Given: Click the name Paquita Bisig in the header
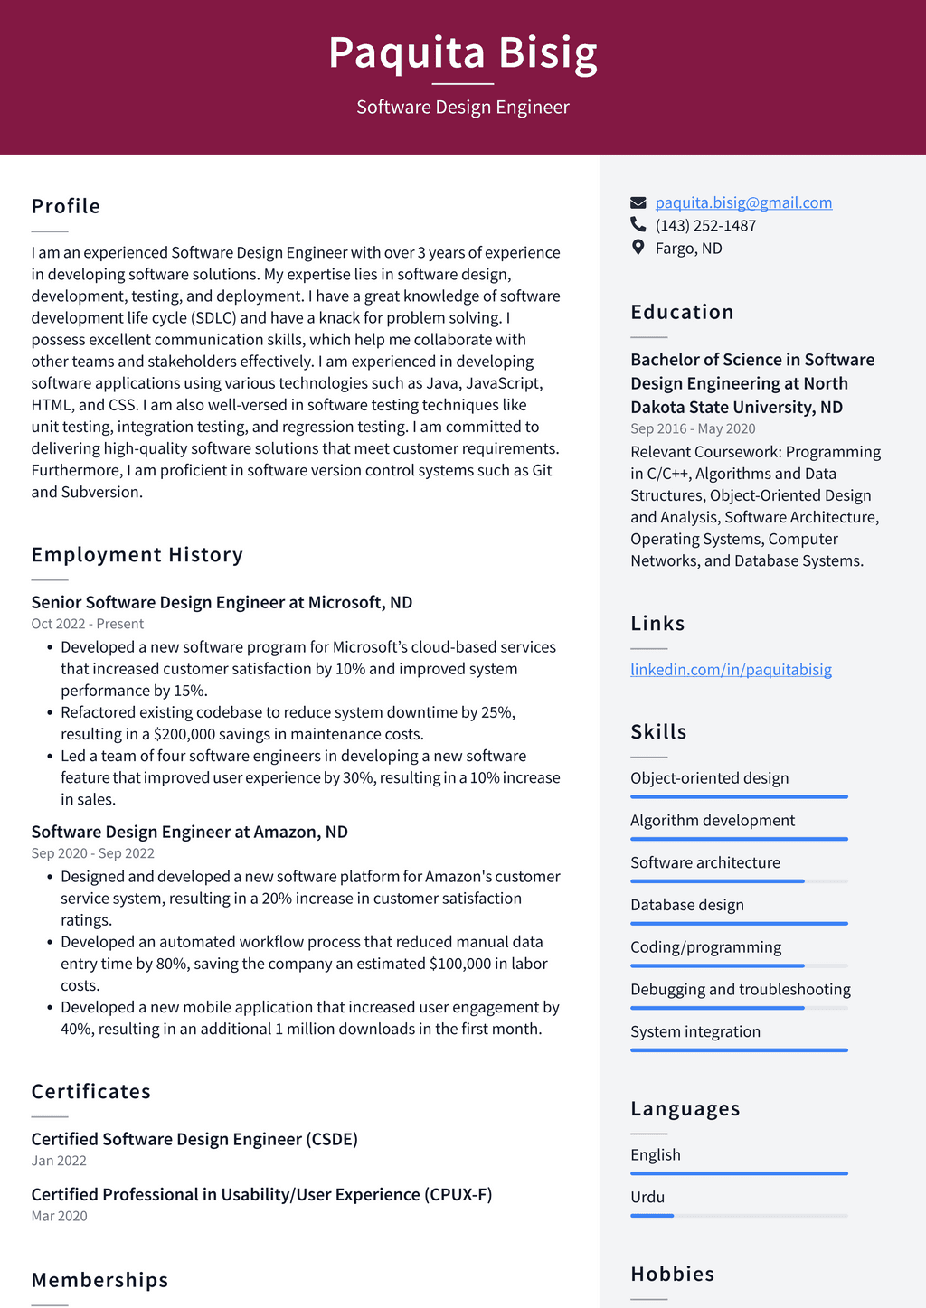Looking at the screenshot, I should point(462,52).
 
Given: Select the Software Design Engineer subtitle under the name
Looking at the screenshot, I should point(462,107).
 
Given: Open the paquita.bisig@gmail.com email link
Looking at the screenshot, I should point(743,202).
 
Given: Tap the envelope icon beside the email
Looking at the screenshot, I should point(638,202).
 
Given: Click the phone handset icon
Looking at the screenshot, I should point(638,225).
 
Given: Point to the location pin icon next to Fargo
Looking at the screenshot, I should point(638,248).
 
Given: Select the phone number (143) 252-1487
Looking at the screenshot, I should point(705,225).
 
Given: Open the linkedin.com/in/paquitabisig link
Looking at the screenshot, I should point(731,670).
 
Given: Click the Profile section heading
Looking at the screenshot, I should point(66,206).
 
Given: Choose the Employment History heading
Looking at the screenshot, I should point(137,555).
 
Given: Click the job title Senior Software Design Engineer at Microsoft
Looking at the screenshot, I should point(222,602).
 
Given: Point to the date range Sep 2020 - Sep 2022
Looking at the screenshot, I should point(92,853).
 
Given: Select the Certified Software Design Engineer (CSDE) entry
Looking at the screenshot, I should point(194,1139).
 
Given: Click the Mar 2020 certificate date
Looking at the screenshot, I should point(59,1216).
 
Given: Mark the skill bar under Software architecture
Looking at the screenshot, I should point(739,881).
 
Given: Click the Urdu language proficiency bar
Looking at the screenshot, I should point(739,1216).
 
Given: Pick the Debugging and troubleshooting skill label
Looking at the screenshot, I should point(740,989).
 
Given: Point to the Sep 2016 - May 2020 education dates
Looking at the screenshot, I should point(693,428).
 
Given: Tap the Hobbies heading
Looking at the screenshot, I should point(672,1274).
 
